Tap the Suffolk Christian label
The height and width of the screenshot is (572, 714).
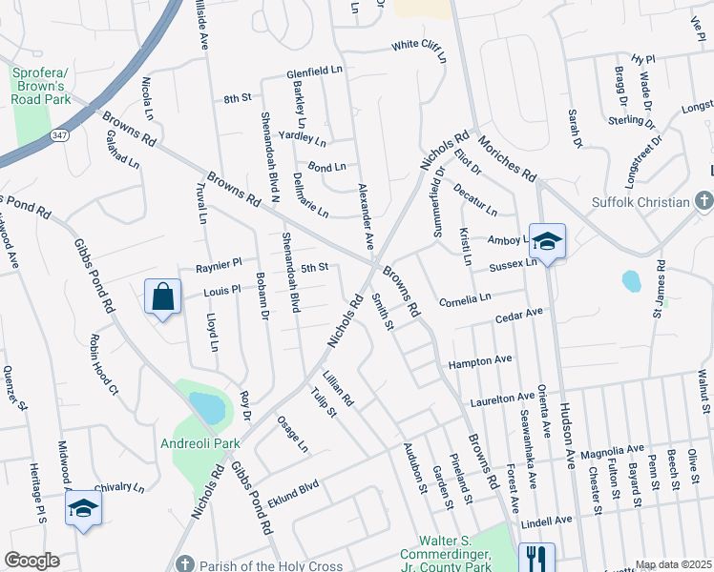[640, 202]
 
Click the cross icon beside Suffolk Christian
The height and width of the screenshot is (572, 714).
[703, 201]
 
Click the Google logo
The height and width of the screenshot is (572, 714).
[31, 561]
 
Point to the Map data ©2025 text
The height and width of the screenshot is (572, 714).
[672, 564]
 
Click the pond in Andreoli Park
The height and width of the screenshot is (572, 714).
[207, 408]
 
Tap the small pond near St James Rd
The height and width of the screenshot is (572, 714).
[630, 281]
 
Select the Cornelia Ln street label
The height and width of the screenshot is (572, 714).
[465, 300]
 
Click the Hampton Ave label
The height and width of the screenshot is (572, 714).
[480, 361]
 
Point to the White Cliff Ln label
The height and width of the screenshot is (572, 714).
[419, 47]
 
